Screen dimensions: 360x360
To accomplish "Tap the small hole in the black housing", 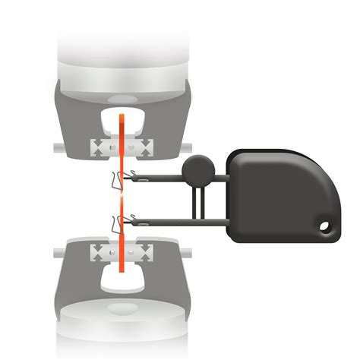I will tap(327, 226).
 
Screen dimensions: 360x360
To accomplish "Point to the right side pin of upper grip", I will tap(188, 145).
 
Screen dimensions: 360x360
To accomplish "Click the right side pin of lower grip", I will tap(187, 250).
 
